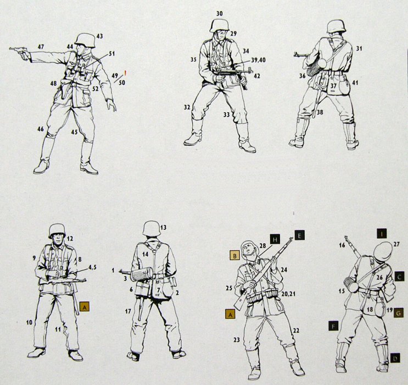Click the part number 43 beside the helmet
point(99,36)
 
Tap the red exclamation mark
point(125,73)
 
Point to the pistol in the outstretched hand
point(20,52)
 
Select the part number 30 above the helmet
point(219,14)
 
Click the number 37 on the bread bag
point(333,85)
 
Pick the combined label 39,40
point(259,60)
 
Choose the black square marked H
point(275,239)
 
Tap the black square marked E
point(299,235)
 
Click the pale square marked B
point(234,256)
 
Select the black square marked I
point(382,234)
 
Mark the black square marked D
point(395,359)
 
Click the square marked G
point(398,312)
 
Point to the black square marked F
point(333,326)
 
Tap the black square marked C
point(399,276)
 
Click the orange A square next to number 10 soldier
point(85,307)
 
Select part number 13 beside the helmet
point(163,228)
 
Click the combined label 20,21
point(289,294)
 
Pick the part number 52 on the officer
point(96,89)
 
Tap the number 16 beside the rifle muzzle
point(342,245)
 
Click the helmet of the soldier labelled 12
point(57,230)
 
